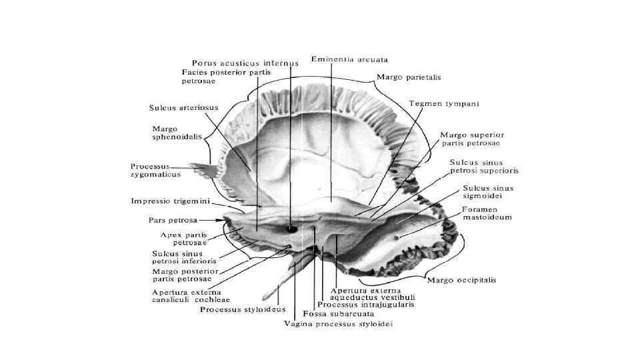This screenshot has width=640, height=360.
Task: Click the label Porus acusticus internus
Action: point(245,62)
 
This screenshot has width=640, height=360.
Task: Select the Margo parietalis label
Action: point(408,77)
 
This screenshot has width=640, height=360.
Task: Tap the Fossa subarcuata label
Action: point(337,313)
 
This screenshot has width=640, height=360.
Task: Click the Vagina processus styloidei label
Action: point(338,324)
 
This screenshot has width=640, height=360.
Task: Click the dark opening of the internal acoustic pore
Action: point(291,229)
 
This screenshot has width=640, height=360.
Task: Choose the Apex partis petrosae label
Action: point(184,239)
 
